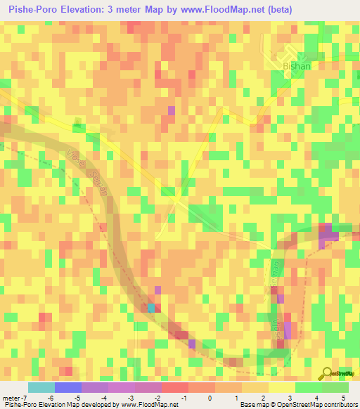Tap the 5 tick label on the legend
point(344,398)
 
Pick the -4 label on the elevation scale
point(103,398)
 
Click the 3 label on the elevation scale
point(290,398)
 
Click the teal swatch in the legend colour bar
point(41,387)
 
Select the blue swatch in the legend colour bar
point(68,387)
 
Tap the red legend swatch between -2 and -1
point(175,387)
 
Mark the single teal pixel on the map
point(151,307)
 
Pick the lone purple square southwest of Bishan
point(172,110)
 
